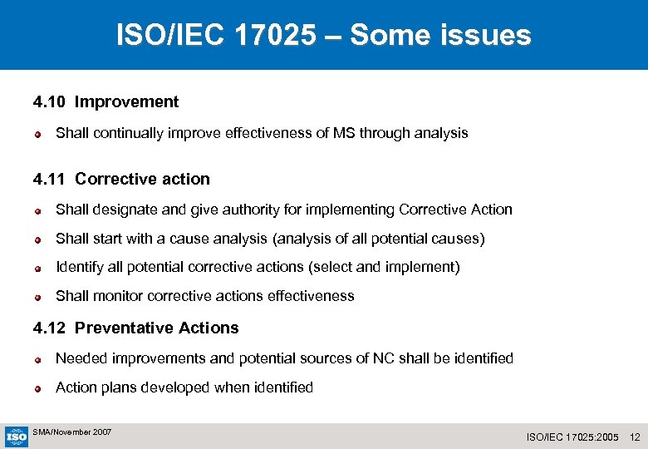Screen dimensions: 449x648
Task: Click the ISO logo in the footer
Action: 16,436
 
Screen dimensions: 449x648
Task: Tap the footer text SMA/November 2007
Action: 71,432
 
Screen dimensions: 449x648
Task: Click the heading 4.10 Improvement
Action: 106,102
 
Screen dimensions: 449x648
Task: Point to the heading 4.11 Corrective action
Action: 121,179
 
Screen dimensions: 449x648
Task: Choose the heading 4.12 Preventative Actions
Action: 135,328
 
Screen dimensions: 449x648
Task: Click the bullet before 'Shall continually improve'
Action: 38,133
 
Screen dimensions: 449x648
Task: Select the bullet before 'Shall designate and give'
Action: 38,210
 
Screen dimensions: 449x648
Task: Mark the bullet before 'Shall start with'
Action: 38,239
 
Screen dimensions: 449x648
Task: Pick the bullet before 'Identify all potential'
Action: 38,268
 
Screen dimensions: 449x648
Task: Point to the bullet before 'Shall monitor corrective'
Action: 38,297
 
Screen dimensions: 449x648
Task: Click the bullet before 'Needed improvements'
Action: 38,359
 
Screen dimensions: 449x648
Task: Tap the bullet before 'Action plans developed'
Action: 38,388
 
